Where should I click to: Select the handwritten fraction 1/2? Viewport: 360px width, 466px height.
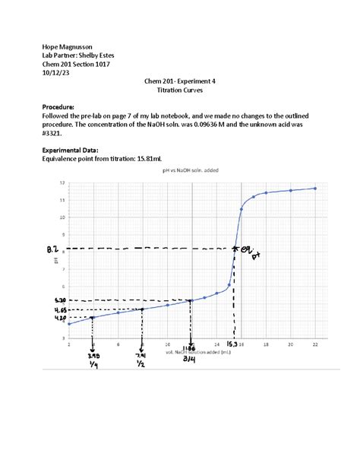(x=142, y=364)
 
